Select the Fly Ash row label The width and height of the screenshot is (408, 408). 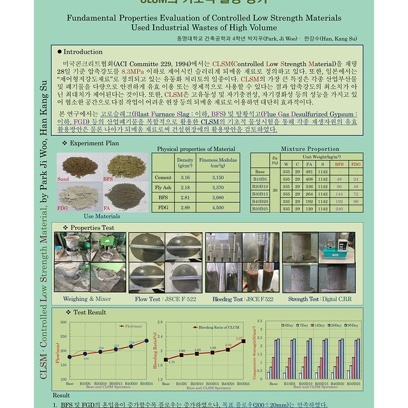pos(163,187)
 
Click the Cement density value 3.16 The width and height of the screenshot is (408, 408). pos(185,177)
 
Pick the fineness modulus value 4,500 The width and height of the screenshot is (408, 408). pos(217,207)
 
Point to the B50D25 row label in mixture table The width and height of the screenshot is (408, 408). pos(260,208)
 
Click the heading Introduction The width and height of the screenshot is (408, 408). pos(83,52)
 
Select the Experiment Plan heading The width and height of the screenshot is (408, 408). pos(94,143)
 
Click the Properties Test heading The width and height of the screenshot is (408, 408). pos(92,228)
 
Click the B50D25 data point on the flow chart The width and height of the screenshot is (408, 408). pos(147,340)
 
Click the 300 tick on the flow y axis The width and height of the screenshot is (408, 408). pos(63,323)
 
